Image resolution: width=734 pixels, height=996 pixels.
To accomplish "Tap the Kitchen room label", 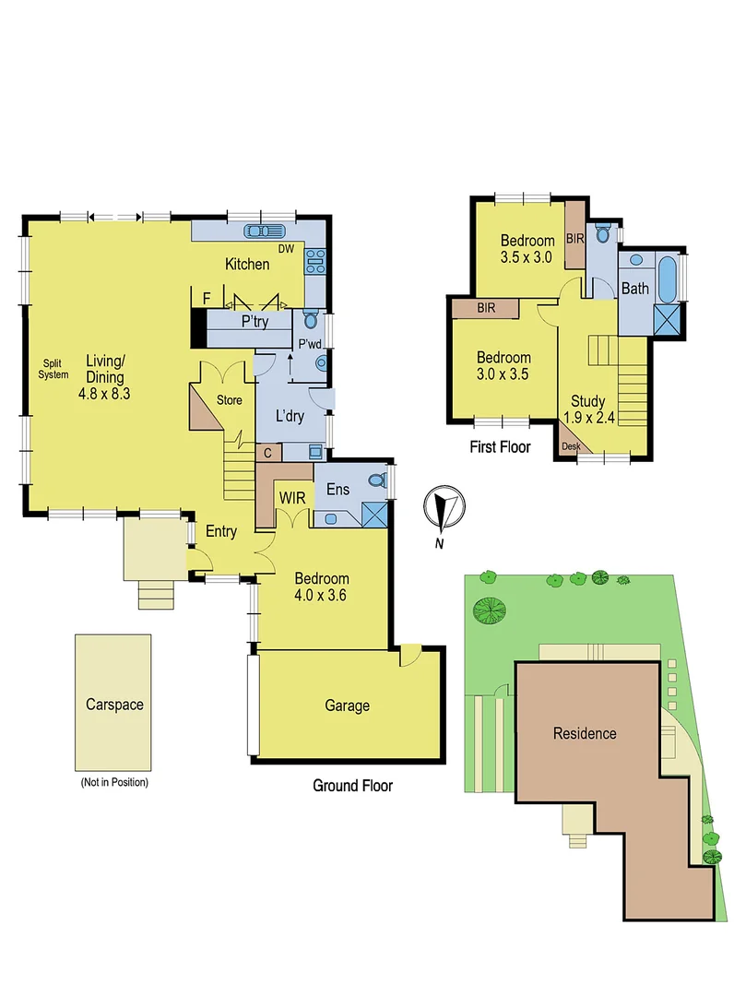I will click(247, 265).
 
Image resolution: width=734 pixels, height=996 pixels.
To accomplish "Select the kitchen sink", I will click(264, 231).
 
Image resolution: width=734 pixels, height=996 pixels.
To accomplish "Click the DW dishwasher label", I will click(286, 247).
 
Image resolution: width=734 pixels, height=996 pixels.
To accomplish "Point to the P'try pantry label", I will click(255, 323).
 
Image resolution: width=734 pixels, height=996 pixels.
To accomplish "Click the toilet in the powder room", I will click(310, 322).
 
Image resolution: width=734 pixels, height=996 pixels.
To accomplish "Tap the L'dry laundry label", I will click(290, 417).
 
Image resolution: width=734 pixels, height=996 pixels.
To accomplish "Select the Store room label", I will click(229, 400).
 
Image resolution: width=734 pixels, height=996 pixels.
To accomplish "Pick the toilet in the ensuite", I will click(375, 480).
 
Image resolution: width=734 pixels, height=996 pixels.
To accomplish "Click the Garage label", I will click(347, 705).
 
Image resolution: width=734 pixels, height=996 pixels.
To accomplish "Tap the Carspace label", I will click(113, 704).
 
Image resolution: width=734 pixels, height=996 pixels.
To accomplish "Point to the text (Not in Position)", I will click(113, 782).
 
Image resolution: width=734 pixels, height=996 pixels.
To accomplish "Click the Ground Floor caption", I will click(352, 786).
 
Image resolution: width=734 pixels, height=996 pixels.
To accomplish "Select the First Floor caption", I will click(500, 447).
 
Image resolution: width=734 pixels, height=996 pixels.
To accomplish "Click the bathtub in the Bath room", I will click(668, 277).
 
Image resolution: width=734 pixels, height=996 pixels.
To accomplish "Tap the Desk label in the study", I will click(572, 445).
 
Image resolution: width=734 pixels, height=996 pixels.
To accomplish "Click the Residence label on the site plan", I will click(585, 734).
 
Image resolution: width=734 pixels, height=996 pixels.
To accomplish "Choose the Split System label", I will click(53, 369).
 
